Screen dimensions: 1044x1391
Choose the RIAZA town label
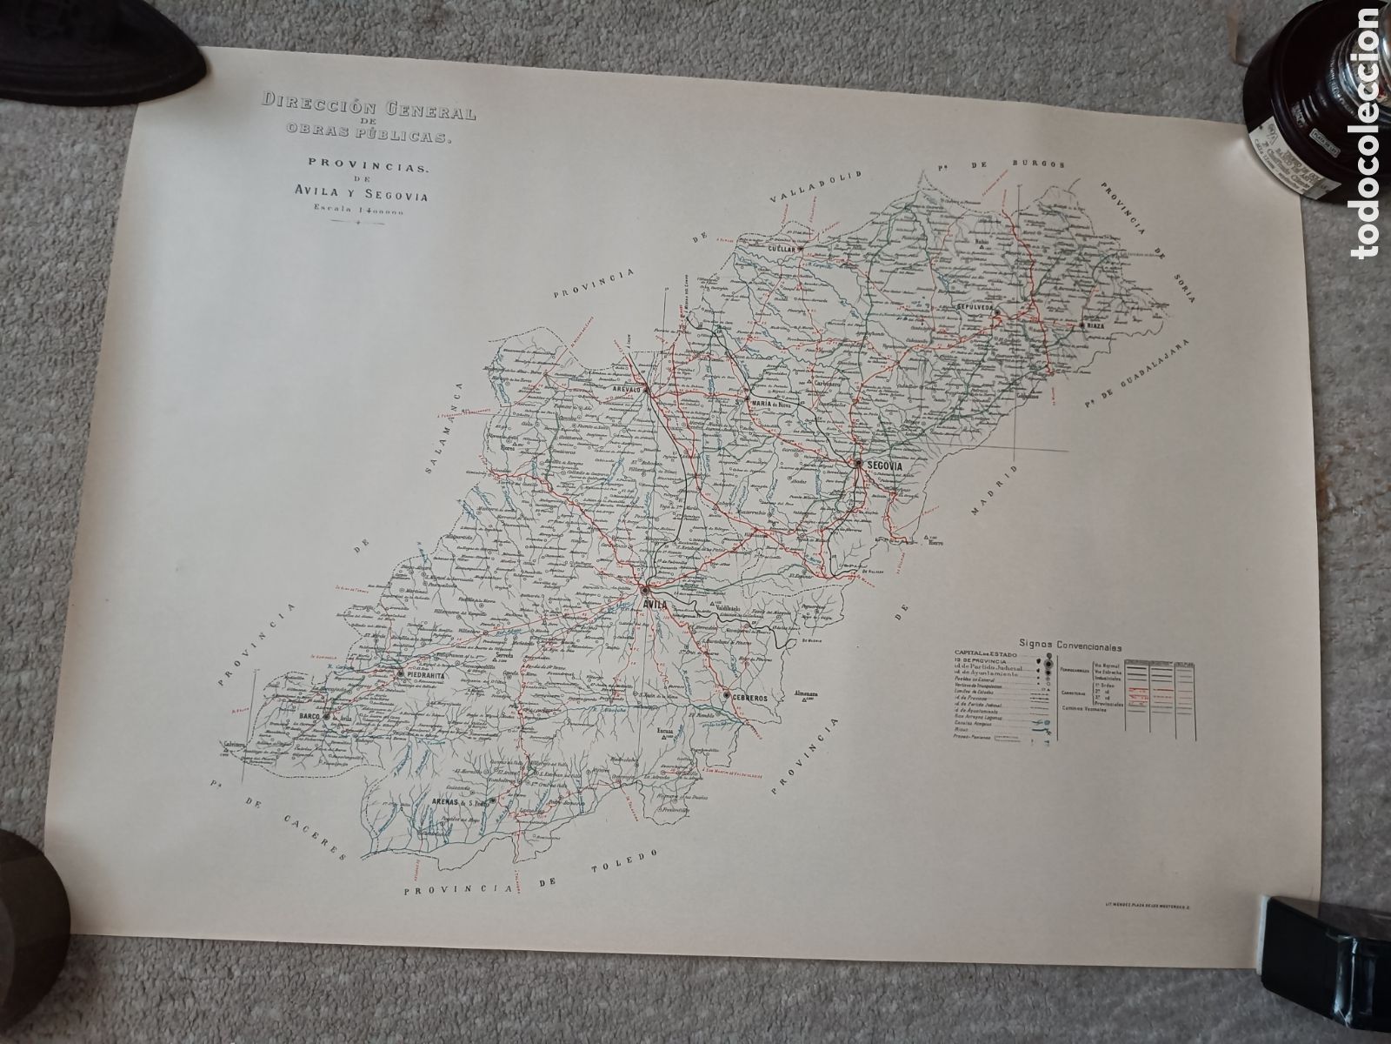(1095, 326)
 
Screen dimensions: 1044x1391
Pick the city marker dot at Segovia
(857, 464)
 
